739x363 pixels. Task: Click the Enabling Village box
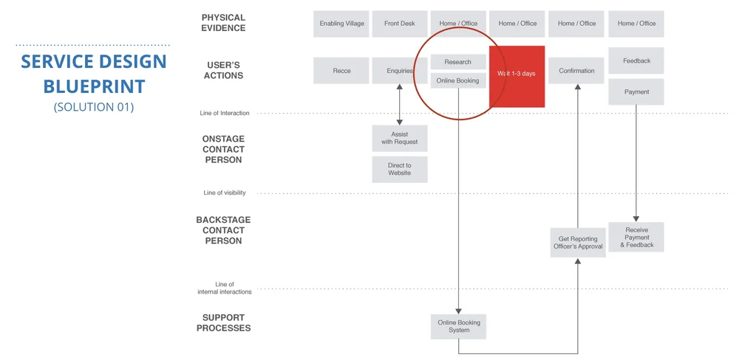pos(341,24)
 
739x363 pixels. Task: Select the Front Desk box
pos(400,24)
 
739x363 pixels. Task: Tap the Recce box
pos(341,71)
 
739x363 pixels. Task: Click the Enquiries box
pos(400,71)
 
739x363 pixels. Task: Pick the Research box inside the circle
pos(458,62)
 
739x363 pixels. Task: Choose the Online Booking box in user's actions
pos(458,80)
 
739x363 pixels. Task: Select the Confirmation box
pos(576,71)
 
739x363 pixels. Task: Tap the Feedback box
pos(636,61)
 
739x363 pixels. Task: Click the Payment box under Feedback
pos(636,92)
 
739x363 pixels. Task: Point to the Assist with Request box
pos(400,138)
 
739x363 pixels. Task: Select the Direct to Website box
pos(400,169)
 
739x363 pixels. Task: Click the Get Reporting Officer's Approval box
pos(578,243)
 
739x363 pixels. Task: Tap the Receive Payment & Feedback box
pos(636,237)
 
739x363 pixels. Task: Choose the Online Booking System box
pos(459,326)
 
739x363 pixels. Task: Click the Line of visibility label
pos(225,193)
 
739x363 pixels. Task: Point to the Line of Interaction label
pos(225,114)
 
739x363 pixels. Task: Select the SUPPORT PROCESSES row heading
pos(223,323)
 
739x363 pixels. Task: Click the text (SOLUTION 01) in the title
pos(94,107)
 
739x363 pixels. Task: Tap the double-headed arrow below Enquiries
pos(400,103)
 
